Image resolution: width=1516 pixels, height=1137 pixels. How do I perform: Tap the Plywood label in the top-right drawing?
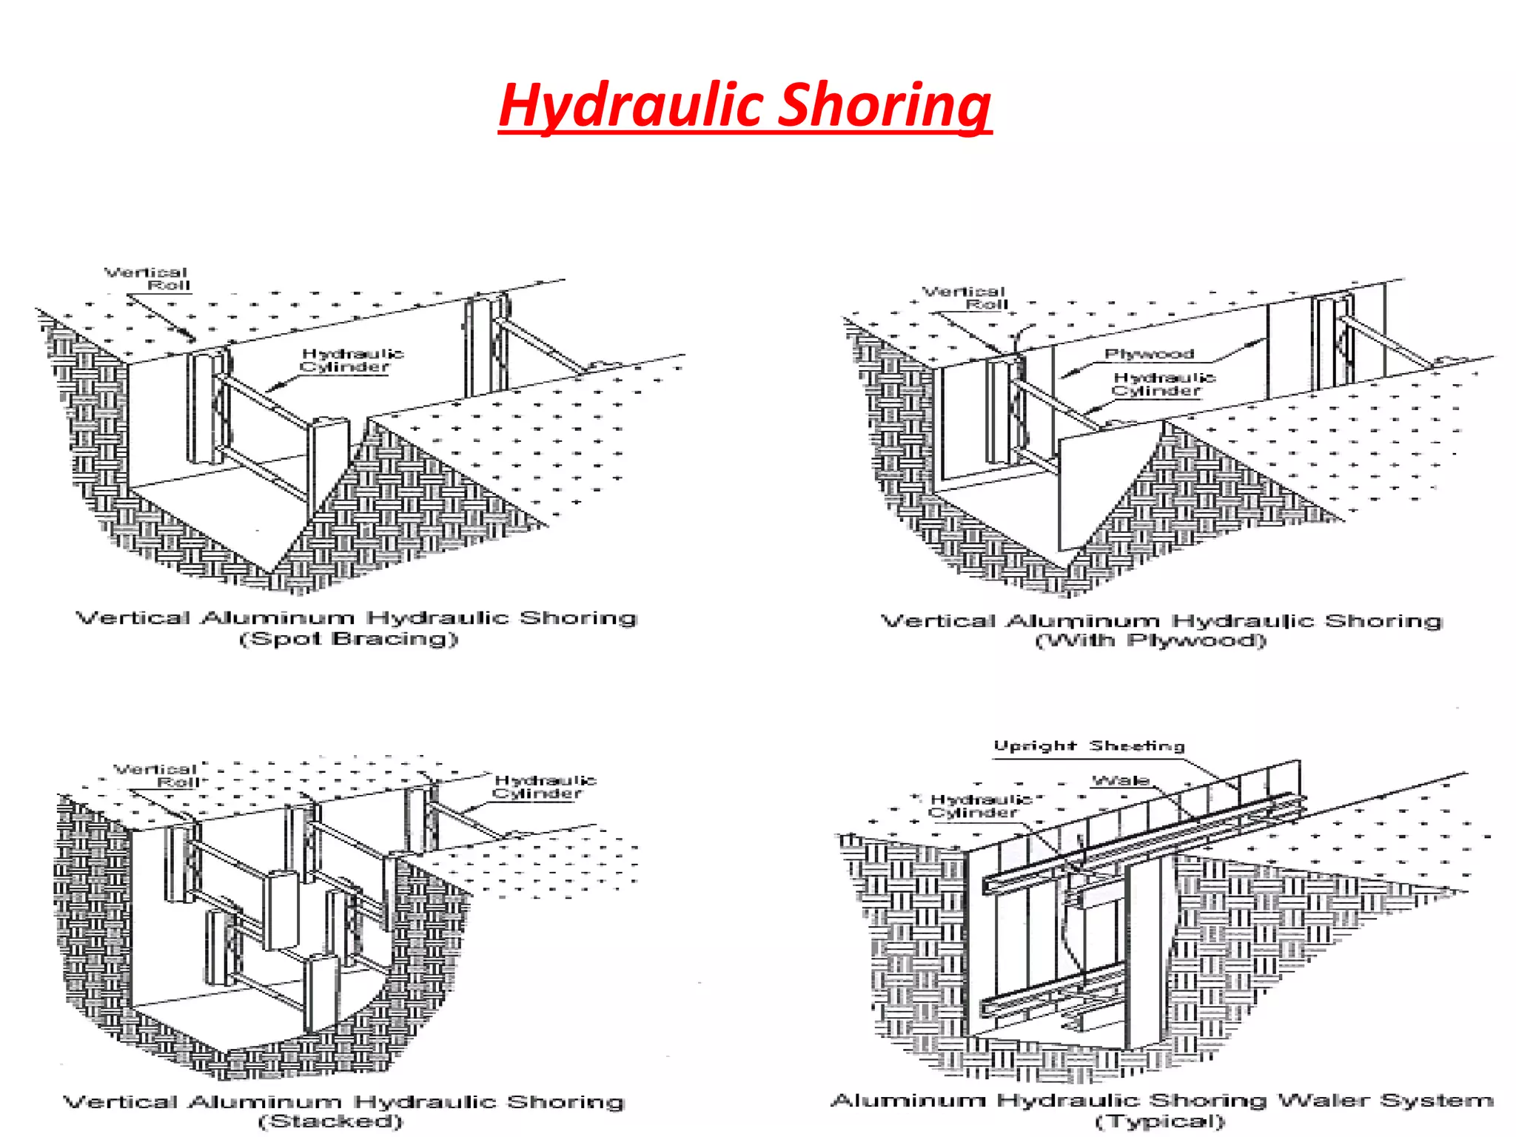[x=1149, y=354]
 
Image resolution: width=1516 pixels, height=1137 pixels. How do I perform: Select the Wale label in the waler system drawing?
[x=1121, y=780]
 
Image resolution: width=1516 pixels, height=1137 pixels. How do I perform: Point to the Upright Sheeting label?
[x=1089, y=746]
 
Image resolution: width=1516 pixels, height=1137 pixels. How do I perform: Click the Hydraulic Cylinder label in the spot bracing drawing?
[x=352, y=360]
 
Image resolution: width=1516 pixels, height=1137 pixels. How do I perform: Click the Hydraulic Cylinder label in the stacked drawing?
[x=544, y=787]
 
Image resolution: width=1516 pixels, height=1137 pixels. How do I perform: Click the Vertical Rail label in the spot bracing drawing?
[x=148, y=279]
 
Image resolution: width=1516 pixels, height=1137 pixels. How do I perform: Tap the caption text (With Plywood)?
[x=1151, y=641]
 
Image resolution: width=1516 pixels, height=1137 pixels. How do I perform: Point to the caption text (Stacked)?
[x=331, y=1121]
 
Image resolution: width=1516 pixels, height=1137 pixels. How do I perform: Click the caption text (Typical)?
[x=1160, y=1121]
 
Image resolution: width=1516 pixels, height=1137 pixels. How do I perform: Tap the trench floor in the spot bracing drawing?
[x=222, y=511]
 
